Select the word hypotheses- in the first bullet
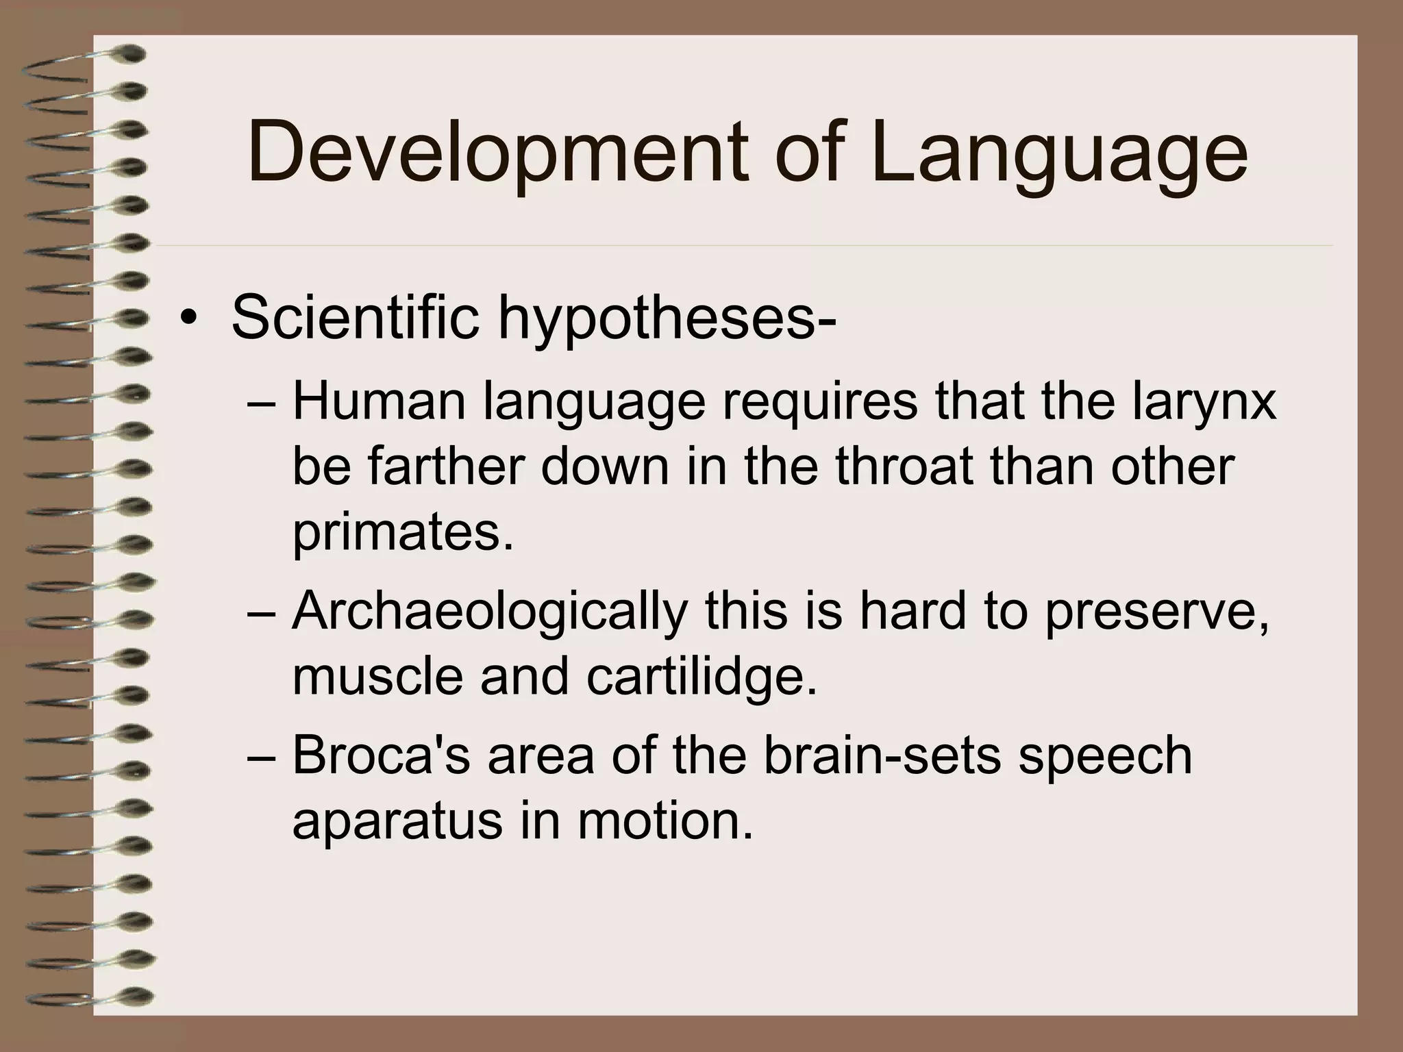click(x=667, y=318)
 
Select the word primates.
click(x=403, y=533)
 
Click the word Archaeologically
click(x=489, y=611)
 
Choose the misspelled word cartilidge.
click(x=701, y=675)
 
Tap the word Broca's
click(x=380, y=755)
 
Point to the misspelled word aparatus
click(x=397, y=821)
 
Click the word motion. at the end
click(x=665, y=821)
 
